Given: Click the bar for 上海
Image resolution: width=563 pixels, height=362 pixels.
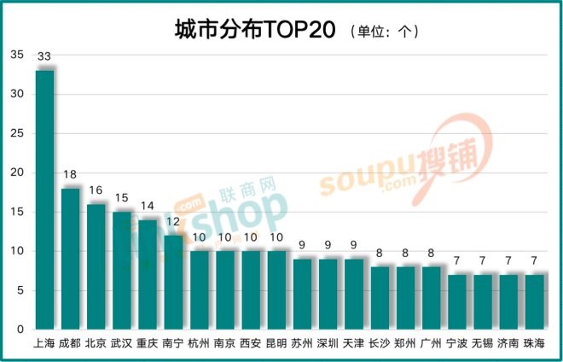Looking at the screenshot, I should [x=44, y=201].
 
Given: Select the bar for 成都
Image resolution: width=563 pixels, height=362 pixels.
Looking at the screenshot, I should [x=71, y=259].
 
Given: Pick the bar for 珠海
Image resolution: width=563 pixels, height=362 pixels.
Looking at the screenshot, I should [x=534, y=301].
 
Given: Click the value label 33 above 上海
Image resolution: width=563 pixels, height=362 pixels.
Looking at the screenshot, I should [x=44, y=56].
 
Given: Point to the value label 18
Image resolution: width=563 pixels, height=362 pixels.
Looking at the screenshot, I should [x=71, y=174].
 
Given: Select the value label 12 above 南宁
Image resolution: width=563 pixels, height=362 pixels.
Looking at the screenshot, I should [x=173, y=221].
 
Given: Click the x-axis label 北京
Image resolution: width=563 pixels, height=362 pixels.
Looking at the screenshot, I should [x=96, y=343].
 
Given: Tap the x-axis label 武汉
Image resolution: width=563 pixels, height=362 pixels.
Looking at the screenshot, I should [x=122, y=343].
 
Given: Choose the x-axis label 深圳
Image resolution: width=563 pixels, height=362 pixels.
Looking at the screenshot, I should [x=328, y=343].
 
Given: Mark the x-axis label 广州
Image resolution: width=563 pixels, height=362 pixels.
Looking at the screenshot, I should [x=432, y=343].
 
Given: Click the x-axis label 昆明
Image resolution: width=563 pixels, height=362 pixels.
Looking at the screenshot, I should [x=276, y=343].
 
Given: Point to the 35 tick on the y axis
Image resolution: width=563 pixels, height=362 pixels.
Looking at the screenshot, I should [x=17, y=55].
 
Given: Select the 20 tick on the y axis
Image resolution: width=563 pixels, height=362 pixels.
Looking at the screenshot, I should [x=17, y=172].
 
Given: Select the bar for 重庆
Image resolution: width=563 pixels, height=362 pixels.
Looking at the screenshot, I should [x=148, y=274].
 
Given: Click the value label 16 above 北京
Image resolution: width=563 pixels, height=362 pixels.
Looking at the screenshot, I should [x=96, y=190].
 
